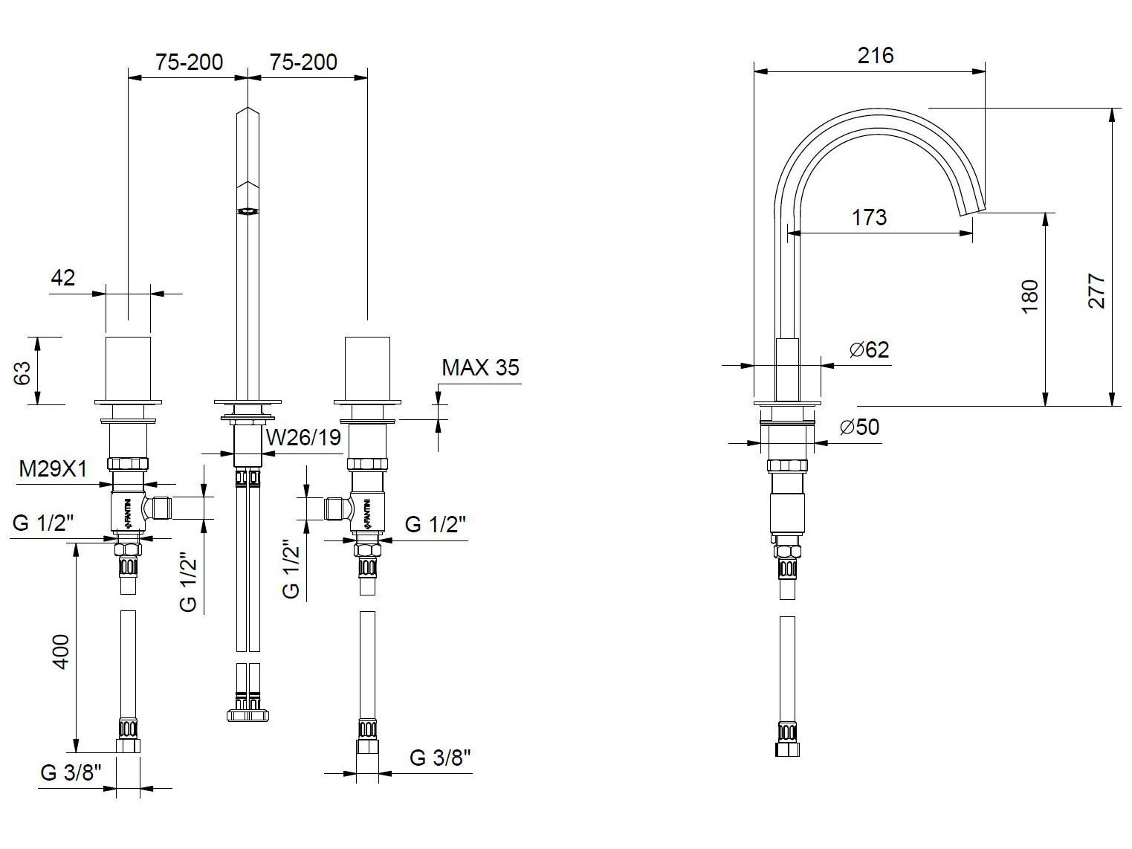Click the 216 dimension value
coord(875,56)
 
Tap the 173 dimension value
coord(869,217)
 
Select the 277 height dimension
coord(1097,291)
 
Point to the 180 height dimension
coord(1029,296)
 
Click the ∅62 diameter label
coord(867,349)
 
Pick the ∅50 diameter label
coord(859,427)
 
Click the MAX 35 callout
coord(480,367)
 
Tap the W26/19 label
coord(303,437)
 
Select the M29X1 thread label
coord(53,469)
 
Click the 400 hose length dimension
coord(61,651)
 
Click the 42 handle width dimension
coord(62,277)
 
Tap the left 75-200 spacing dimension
coord(189,62)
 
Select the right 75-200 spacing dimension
coord(303,62)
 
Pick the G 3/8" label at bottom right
coord(440,758)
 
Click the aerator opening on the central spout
coord(248,211)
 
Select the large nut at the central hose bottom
coord(248,715)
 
